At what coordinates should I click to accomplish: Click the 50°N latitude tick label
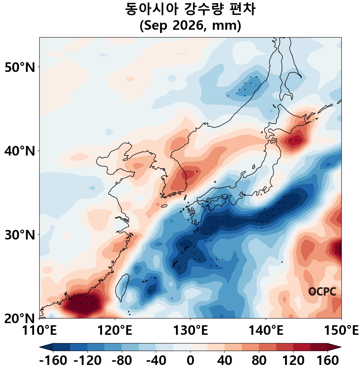20,68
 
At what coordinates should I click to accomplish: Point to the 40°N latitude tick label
20,151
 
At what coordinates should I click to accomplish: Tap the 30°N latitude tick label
20,235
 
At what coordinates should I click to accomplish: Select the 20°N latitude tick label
20,319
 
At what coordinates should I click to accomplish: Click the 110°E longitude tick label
39,330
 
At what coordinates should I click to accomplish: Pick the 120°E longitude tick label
115,330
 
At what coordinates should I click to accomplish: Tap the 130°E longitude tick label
191,330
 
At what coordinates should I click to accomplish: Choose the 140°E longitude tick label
266,330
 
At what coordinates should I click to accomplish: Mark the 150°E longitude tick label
341,330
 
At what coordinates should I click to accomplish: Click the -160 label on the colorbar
53,361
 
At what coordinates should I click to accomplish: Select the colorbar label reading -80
122,361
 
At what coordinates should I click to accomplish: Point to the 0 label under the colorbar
191,361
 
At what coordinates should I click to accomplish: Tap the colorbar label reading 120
293,361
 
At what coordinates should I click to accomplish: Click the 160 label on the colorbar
328,361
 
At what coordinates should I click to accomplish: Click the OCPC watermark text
322,292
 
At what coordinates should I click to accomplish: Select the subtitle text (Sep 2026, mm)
191,26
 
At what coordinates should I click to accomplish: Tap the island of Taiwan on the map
122,287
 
